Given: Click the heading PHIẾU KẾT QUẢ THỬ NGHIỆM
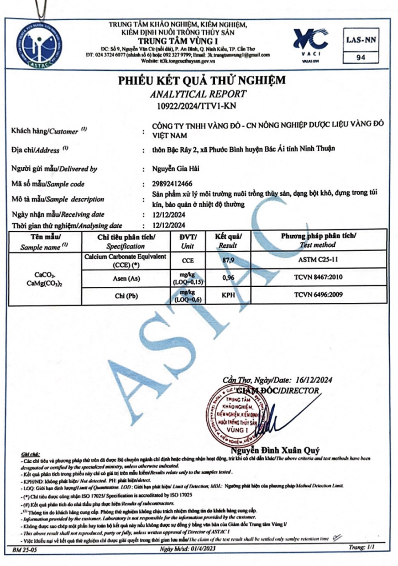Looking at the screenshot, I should coord(202,81).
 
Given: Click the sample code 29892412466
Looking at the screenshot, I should coord(175,184).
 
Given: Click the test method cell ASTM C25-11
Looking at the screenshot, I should coord(320,260).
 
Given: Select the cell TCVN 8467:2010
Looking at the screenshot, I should coord(320,278).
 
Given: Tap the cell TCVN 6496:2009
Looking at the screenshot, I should coord(320,296).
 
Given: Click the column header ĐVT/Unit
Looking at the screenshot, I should coord(188,241).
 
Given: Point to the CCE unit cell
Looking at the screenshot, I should coord(188,260).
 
